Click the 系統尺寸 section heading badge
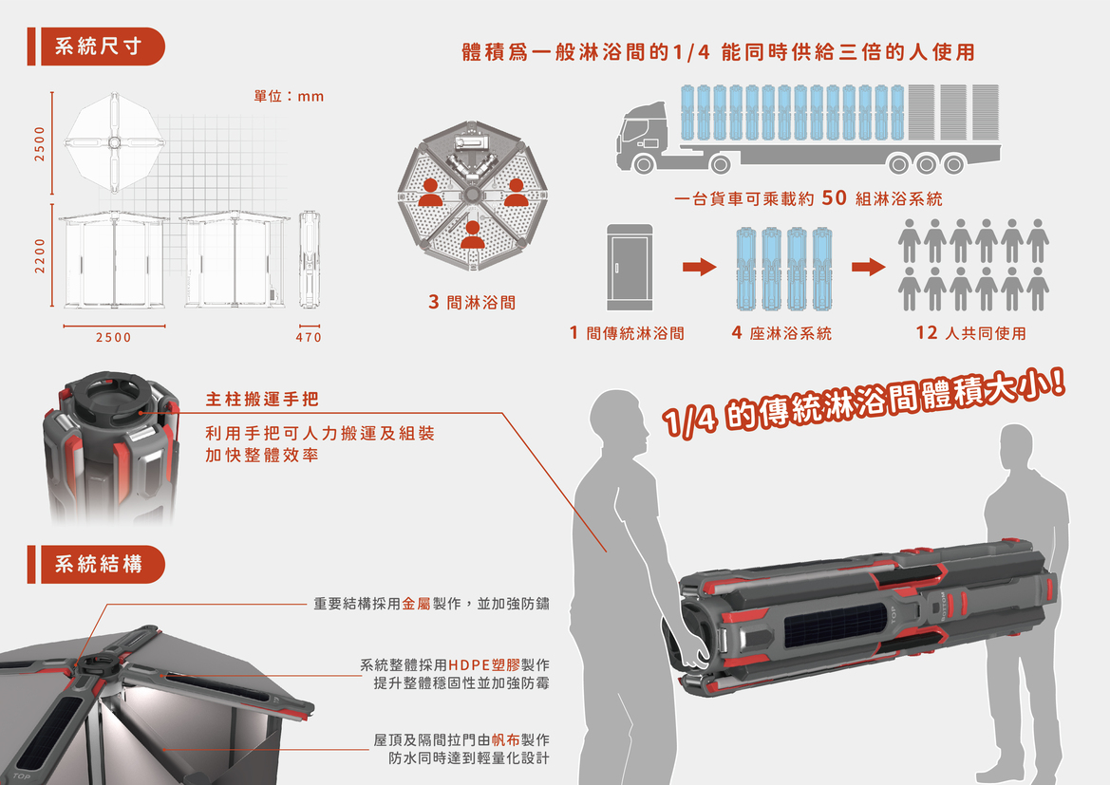click(x=96, y=47)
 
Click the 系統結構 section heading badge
click(x=96, y=564)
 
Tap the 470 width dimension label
click(x=309, y=338)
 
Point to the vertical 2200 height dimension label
click(x=40, y=255)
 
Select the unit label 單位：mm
click(x=289, y=96)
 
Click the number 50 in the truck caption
click(x=834, y=198)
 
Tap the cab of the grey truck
click(x=643, y=137)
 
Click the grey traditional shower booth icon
click(x=630, y=268)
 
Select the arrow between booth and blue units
click(x=700, y=267)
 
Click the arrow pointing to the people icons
click(x=869, y=267)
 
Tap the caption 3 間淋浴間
click(x=472, y=302)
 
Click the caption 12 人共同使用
click(x=970, y=332)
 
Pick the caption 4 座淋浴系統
click(x=781, y=332)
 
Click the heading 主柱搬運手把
click(x=262, y=400)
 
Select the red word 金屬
click(x=416, y=604)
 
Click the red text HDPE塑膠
click(x=484, y=664)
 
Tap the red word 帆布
click(x=505, y=739)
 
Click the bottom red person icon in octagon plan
click(x=472, y=235)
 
